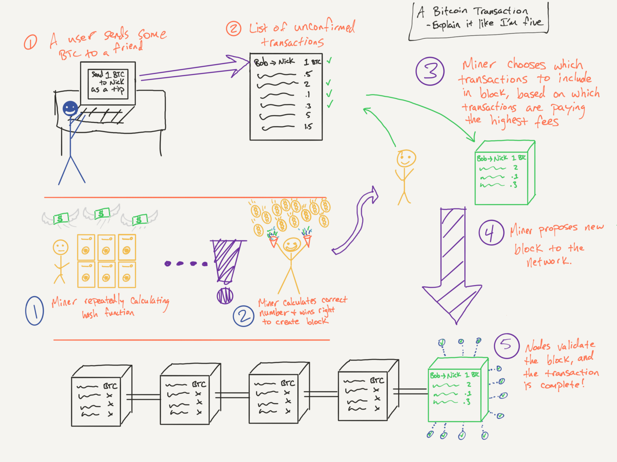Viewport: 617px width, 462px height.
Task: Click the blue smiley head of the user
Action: click(x=70, y=109)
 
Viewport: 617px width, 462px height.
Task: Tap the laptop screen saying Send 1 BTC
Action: click(x=108, y=83)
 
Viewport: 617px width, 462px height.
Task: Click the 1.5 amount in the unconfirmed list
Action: click(x=308, y=126)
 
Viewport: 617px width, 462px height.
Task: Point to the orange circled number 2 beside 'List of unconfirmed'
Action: click(x=234, y=29)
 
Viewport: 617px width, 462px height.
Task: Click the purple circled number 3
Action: click(x=430, y=71)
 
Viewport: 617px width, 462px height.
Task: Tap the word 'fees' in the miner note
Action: click(x=547, y=122)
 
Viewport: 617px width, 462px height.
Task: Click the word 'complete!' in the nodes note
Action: click(x=562, y=385)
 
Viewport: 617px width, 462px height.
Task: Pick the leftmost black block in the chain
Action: click(x=101, y=397)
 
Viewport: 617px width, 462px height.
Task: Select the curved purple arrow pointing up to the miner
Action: click(x=357, y=223)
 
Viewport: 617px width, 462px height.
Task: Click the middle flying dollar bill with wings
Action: click(x=102, y=213)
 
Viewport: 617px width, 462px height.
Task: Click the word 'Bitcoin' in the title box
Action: click(x=450, y=11)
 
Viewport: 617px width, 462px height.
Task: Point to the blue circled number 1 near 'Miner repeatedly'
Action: click(x=35, y=311)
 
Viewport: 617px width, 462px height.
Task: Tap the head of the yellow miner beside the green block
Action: click(x=406, y=158)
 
